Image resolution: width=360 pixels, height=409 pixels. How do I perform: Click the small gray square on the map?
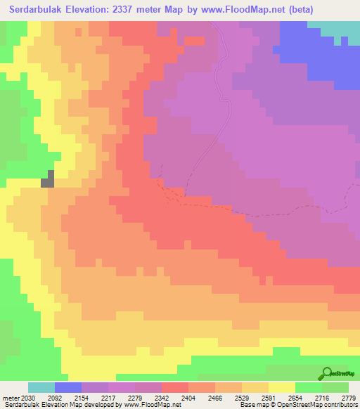pos(48,178)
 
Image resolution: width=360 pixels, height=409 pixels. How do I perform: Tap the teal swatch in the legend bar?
pos(41,387)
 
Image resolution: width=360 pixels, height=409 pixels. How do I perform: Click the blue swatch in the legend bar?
pos(68,387)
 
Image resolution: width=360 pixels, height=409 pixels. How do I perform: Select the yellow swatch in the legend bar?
pos(282,387)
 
